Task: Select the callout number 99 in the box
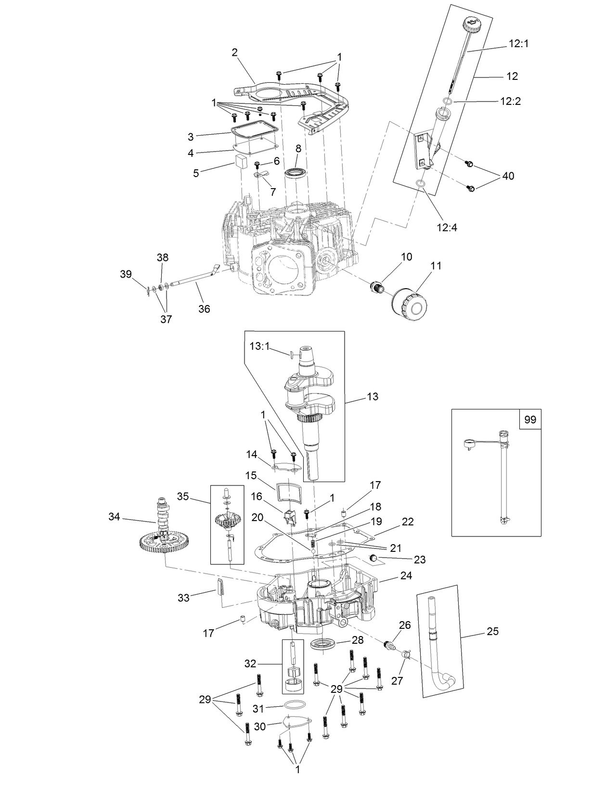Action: (x=529, y=420)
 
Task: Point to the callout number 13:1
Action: (x=260, y=345)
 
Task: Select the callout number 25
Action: (x=492, y=631)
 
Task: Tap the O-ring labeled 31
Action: (x=294, y=704)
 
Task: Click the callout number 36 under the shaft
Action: (x=204, y=308)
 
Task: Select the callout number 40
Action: (x=508, y=176)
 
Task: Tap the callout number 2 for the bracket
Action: (x=235, y=52)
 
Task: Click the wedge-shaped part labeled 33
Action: (x=218, y=586)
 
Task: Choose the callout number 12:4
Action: (x=447, y=227)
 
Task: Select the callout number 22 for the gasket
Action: (x=408, y=522)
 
